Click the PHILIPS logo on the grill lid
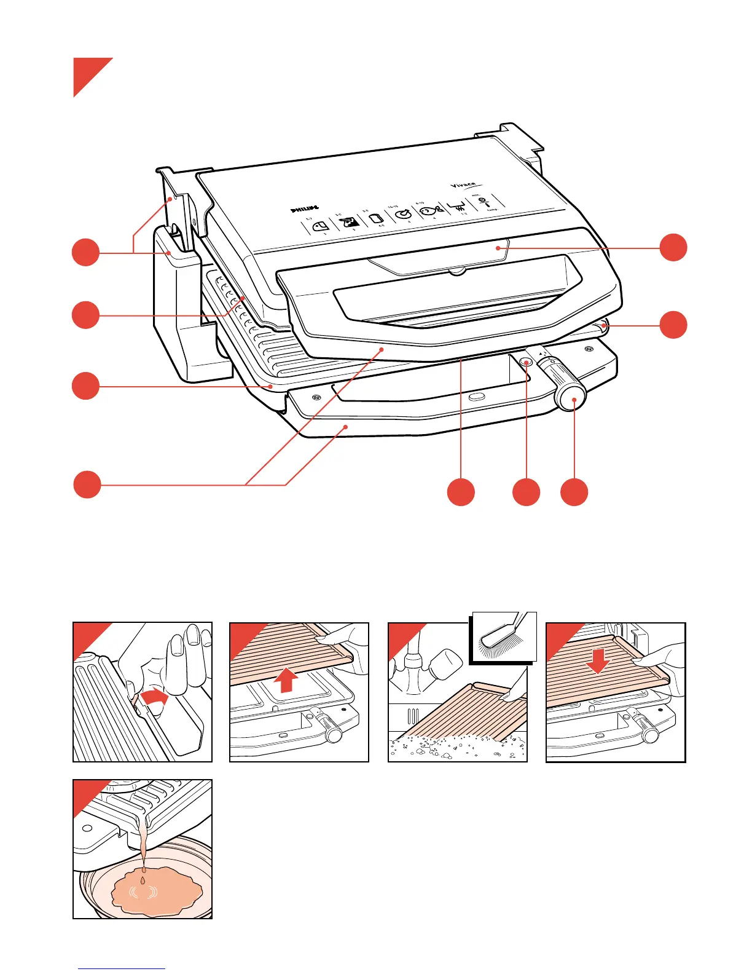tap(305, 209)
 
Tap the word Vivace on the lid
tap(464, 184)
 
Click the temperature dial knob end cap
tap(572, 398)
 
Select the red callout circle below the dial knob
tap(574, 492)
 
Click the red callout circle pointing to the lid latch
tap(673, 247)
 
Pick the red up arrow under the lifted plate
tap(287, 681)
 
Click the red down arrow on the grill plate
tap(598, 659)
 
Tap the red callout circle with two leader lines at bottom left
tap(87, 485)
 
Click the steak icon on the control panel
tap(349, 222)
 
